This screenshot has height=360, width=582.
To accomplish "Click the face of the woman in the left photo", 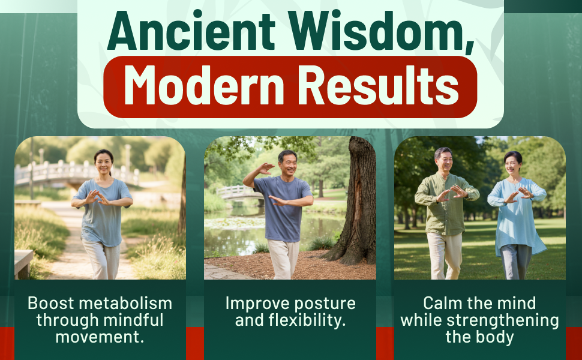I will pos(104,163).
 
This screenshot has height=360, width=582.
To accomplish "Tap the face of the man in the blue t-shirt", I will pos(287,164).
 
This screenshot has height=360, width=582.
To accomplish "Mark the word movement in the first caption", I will pos(100,337).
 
